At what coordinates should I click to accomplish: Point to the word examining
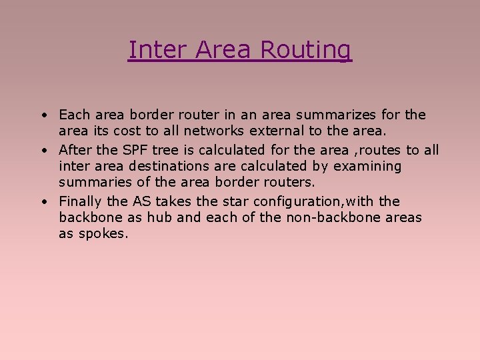tap(367, 167)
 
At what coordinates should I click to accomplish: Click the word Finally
tap(81, 201)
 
